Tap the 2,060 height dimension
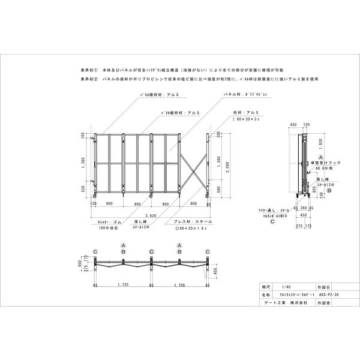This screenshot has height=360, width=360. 227,170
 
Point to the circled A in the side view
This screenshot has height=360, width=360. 313,156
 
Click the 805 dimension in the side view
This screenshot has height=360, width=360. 315,190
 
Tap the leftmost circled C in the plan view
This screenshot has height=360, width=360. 95,251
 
